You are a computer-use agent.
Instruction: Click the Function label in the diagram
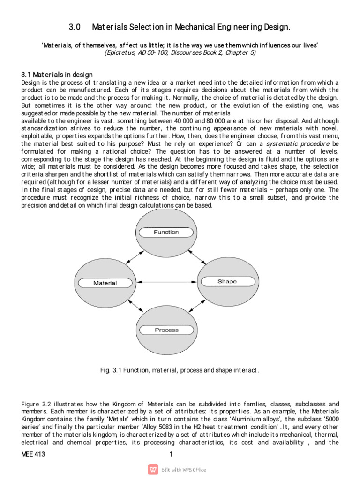point(166,232)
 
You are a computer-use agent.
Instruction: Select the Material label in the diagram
point(105,283)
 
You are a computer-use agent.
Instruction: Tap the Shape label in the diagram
point(227,282)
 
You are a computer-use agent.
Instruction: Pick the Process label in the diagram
point(166,330)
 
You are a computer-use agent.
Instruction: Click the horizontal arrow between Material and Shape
point(166,282)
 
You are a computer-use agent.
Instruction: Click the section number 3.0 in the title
point(75,28)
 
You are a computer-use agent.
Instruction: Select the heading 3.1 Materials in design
point(57,75)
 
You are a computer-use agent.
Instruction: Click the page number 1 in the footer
point(171,454)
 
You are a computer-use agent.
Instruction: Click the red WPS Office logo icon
point(153,470)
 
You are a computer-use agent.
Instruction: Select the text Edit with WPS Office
point(183,470)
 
